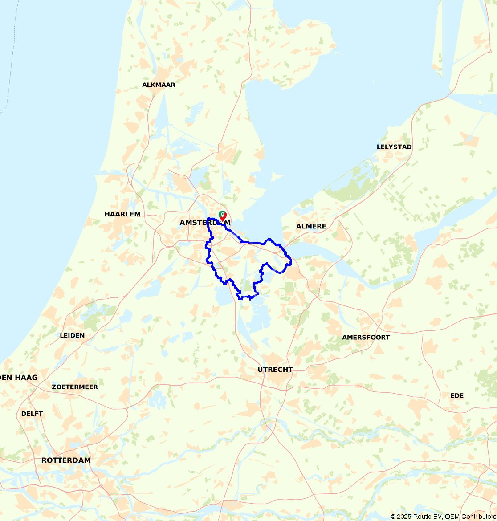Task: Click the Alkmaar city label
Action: click(x=159, y=85)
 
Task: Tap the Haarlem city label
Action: click(x=122, y=214)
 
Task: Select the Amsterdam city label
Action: click(x=205, y=222)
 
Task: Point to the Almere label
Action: click(x=311, y=226)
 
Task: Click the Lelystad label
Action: click(x=394, y=147)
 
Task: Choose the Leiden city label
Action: click(x=72, y=335)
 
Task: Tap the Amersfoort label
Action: click(x=366, y=338)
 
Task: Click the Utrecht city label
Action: click(x=275, y=370)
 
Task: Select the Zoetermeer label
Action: click(x=75, y=387)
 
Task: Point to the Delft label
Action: click(x=32, y=414)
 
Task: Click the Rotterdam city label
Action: click(x=66, y=460)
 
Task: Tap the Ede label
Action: click(x=456, y=395)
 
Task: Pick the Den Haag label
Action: click(x=19, y=378)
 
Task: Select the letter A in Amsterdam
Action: click(x=183, y=222)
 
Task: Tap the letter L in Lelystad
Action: click(x=379, y=147)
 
